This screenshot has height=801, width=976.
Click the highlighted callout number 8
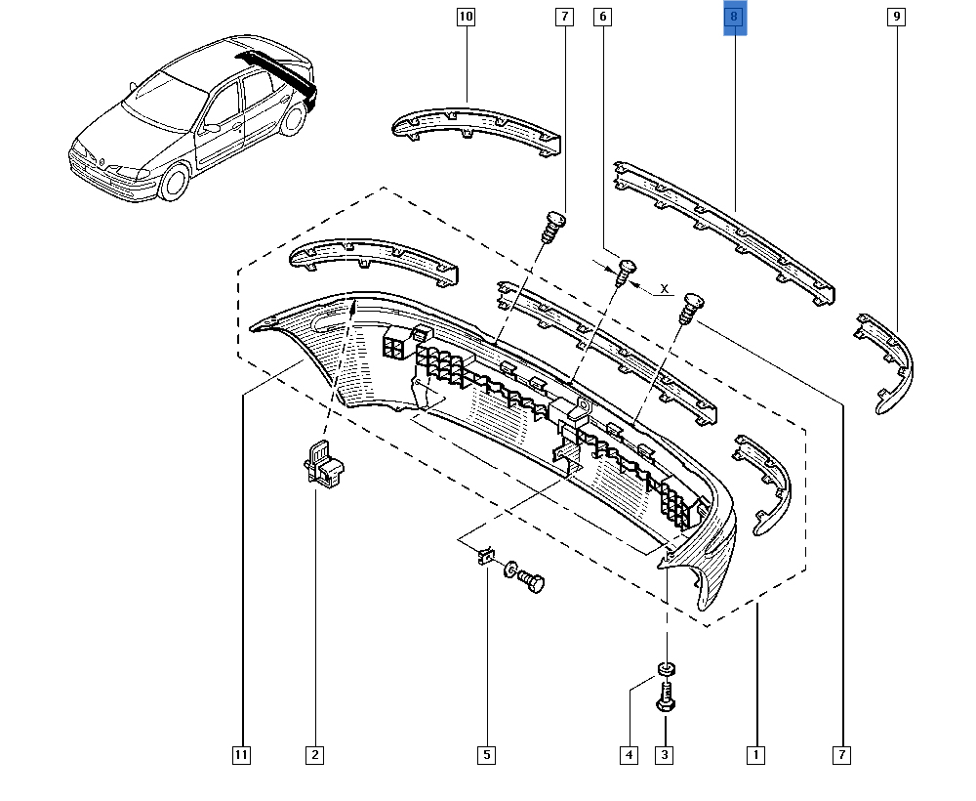coord(734,18)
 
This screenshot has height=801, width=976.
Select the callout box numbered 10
coord(466,17)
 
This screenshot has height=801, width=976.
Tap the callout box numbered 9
coord(894,17)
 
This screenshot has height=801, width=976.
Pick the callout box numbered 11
coord(241,754)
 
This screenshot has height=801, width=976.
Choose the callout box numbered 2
coord(314,754)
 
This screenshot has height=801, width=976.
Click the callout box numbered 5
coord(486,754)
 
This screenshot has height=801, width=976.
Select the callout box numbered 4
coord(629,754)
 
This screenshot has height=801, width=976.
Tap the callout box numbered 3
coord(666,754)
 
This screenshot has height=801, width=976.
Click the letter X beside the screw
coord(665,289)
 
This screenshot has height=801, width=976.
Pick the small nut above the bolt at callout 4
coord(666,669)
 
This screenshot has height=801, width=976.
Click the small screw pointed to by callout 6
coord(626,268)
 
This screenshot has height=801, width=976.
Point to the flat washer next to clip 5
coord(511,569)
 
